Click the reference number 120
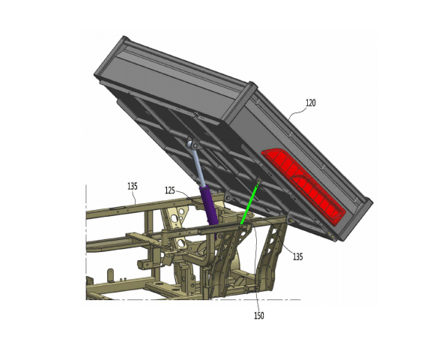[311, 103]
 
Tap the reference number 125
[170, 190]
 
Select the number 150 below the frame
[259, 316]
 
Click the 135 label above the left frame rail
[133, 186]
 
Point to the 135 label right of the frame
[298, 256]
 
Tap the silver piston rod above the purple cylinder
[198, 166]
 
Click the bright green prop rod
[250, 202]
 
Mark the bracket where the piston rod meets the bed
[192, 144]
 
